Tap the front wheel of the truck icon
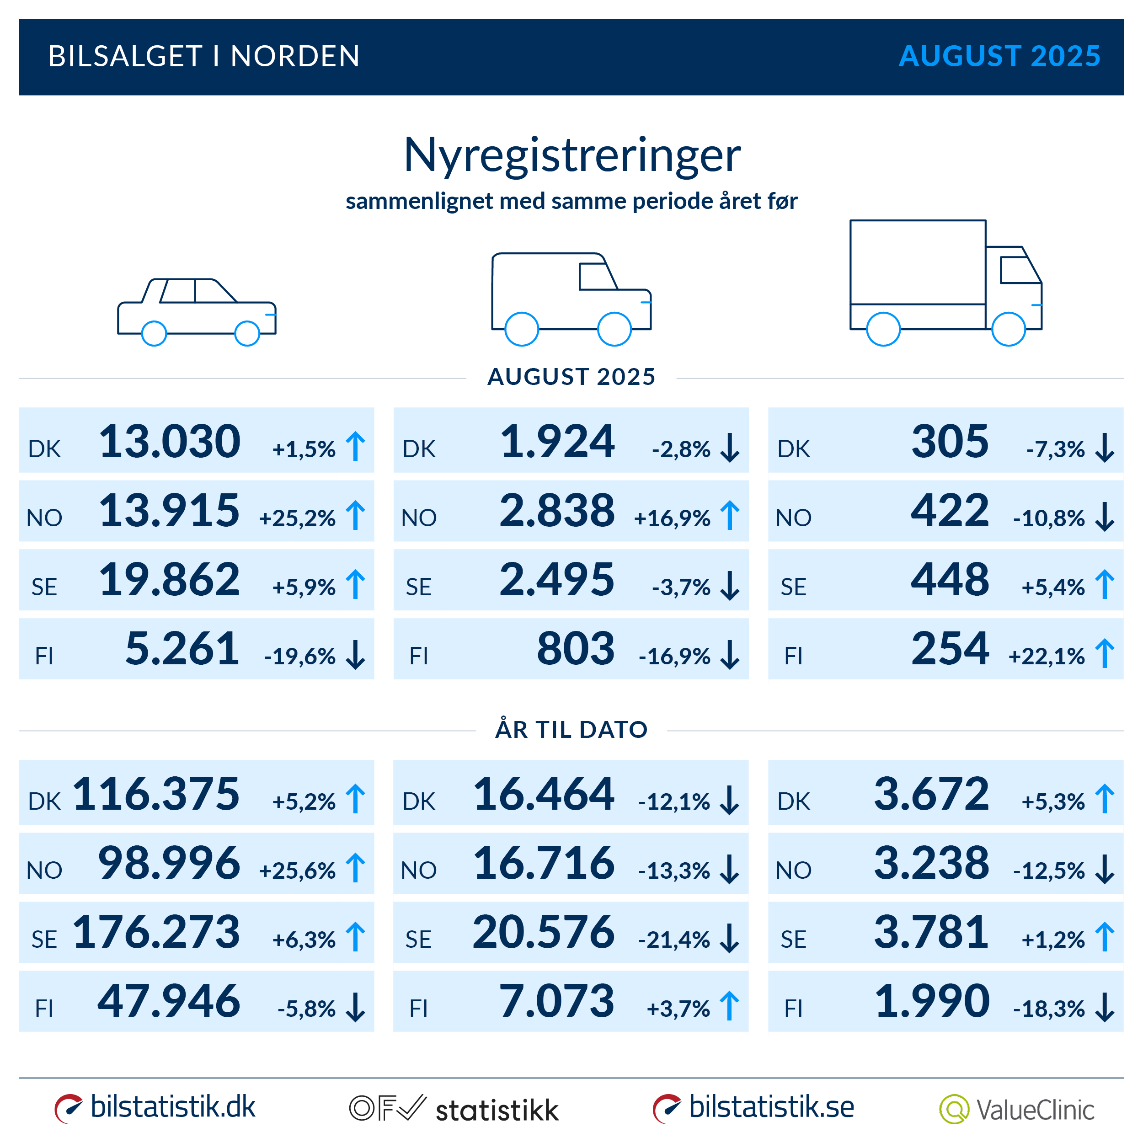pos(1008,329)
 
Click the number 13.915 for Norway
pos(169,511)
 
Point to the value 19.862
pos(169,580)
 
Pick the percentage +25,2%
pos(297,518)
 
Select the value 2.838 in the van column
pos(557,511)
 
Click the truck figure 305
pos(949,441)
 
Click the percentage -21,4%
pos(674,940)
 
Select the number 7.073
pos(557,1002)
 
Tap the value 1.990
pos(931,1002)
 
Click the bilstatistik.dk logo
pos(155,1107)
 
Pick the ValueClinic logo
pos(1016,1109)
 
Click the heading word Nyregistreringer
pos(571,155)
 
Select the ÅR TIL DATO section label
pos(571,729)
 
